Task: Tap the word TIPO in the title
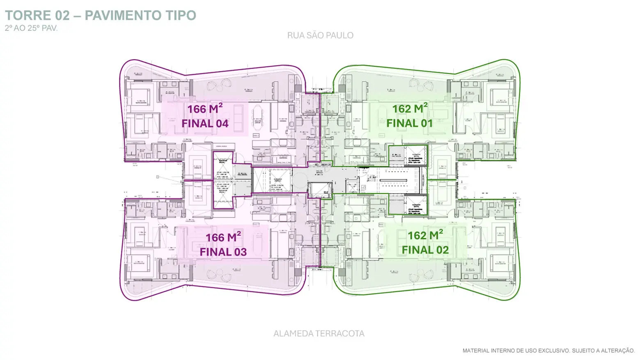pos(181,16)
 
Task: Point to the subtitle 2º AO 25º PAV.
pos(31,28)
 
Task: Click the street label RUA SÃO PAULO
pos(320,36)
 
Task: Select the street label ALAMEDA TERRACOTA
pos(319,334)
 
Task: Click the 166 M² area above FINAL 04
pos(205,109)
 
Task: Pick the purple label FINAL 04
pos(205,124)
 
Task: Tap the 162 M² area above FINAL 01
pos(410,109)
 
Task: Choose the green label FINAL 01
pos(410,123)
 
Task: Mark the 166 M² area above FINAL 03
pos(223,237)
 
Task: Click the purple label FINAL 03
pos(223,252)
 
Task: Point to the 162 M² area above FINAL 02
pos(425,235)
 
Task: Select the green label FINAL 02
pos(425,250)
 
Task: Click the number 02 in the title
pos(62,16)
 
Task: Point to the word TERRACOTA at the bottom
pos(342,334)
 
